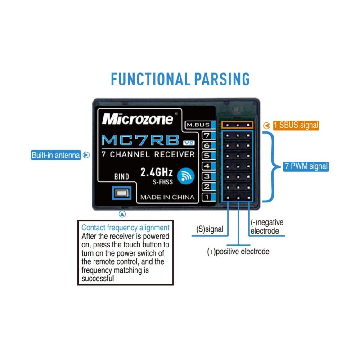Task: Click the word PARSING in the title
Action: click(222, 79)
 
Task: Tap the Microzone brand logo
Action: click(137, 119)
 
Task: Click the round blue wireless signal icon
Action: click(185, 176)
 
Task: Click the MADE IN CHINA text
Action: click(167, 197)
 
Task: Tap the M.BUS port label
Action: click(198, 125)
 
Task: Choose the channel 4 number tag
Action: click(207, 166)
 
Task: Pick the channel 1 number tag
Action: click(207, 197)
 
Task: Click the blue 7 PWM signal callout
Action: click(306, 166)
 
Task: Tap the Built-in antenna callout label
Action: click(55, 156)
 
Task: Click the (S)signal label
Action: click(210, 229)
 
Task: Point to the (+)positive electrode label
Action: click(238, 252)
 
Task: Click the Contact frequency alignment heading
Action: click(126, 228)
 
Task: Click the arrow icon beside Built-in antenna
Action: click(86, 156)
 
